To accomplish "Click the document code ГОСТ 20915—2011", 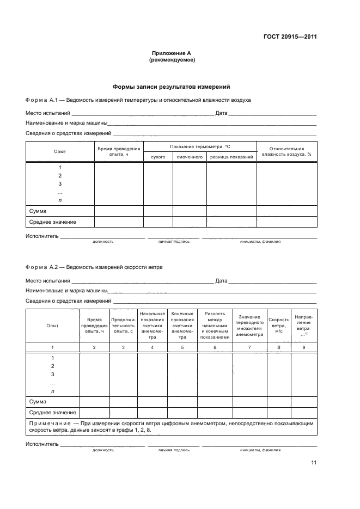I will point(287,38).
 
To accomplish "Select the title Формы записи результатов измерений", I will point(172,87).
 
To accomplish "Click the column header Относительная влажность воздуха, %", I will point(286,151).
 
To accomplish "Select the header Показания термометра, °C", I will point(200,147).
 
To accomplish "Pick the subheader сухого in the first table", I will point(158,157).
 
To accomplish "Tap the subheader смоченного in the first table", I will point(190,157).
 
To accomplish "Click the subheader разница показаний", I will point(231,157).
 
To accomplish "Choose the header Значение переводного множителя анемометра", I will point(249,326).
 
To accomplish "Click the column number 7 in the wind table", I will point(249,347).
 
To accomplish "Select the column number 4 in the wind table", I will point(152,347).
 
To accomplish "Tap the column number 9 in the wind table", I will point(303,347).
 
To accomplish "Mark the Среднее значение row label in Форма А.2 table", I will point(52,412).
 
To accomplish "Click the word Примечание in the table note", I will point(48,423).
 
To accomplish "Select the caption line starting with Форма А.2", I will point(94,267).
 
